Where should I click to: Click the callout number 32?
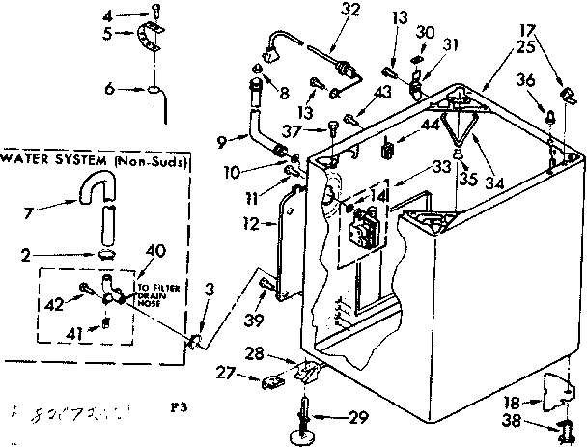click(323, 12)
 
